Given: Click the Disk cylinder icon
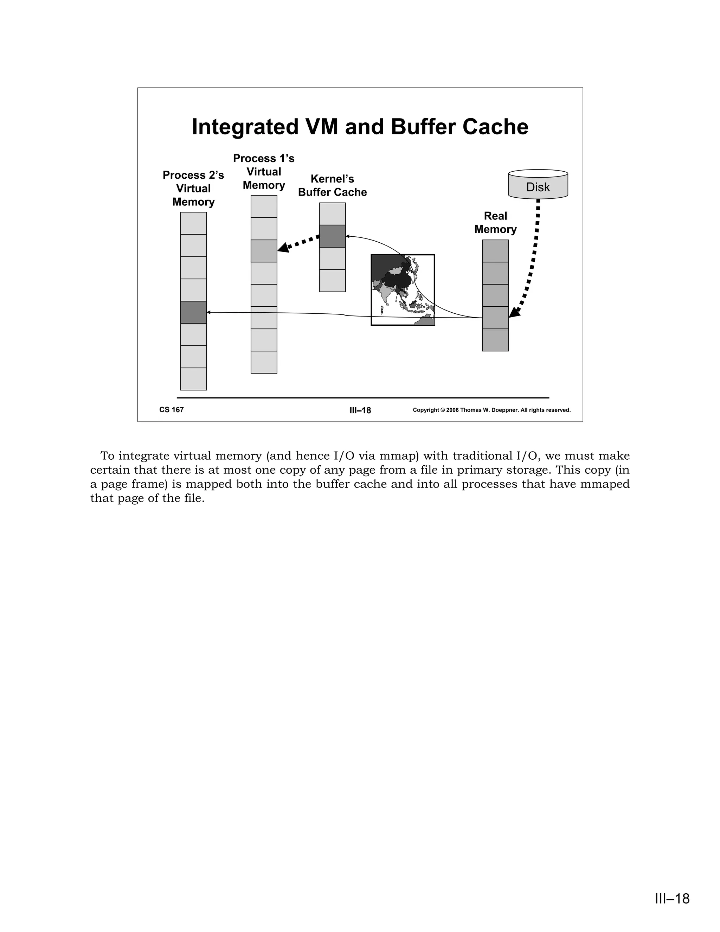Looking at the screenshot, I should [x=538, y=185].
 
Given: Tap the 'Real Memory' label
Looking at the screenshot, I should [x=495, y=223].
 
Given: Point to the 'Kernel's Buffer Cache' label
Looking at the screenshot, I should [x=332, y=186].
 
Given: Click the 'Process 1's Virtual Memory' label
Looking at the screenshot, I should [x=264, y=172].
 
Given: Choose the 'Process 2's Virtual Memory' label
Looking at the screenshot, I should [x=193, y=188].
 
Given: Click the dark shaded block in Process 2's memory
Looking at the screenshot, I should [x=193, y=312].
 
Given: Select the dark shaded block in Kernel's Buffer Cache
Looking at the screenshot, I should [x=332, y=236].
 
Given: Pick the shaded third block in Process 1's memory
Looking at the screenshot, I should [x=264, y=251].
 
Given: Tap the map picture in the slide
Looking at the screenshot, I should [x=403, y=290].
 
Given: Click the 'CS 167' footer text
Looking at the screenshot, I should [x=172, y=410].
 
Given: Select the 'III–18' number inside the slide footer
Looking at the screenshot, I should [x=360, y=410].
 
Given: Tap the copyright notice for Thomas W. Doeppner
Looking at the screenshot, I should [x=491, y=410].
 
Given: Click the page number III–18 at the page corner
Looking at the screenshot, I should [x=672, y=899].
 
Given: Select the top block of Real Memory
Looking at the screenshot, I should [x=495, y=251].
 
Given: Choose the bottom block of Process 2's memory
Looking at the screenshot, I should [x=193, y=379].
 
